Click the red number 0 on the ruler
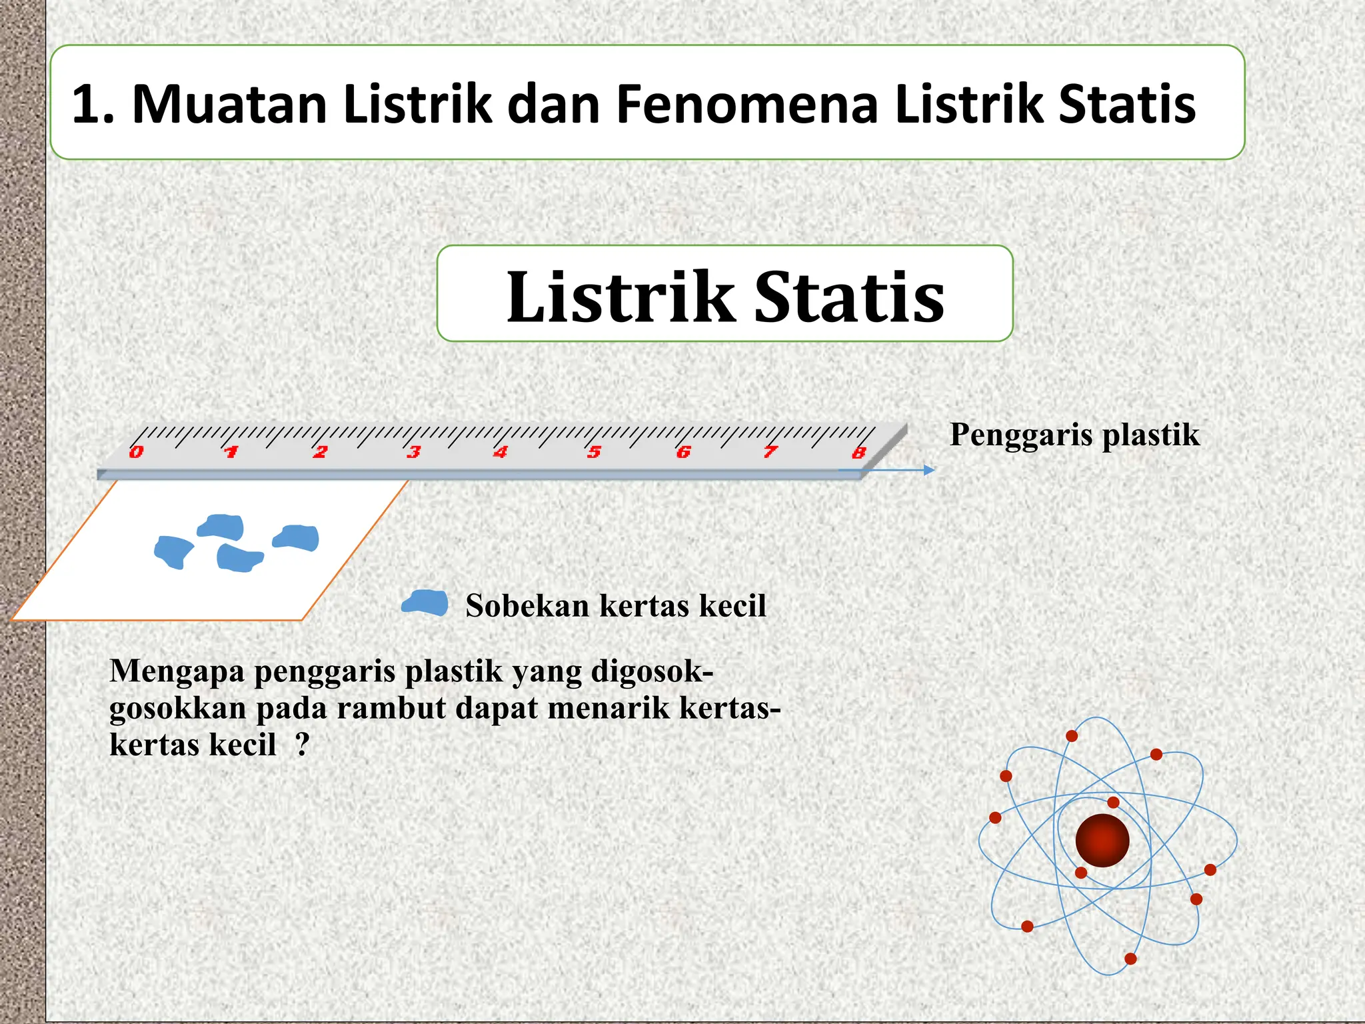[136, 453]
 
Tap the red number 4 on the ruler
[500, 453]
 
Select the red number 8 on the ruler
[859, 453]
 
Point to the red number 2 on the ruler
[320, 453]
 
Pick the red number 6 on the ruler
[683, 453]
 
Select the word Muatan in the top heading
[229, 104]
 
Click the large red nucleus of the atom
[1102, 840]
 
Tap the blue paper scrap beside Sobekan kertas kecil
[425, 603]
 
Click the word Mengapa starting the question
[177, 671]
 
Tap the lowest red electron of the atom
[1130, 959]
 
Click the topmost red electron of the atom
[1072, 736]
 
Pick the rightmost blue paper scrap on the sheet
[297, 537]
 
